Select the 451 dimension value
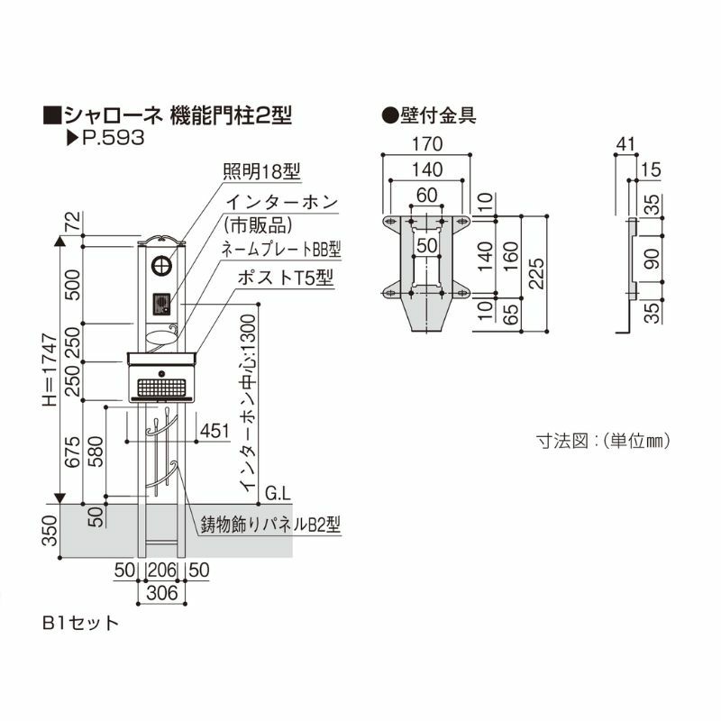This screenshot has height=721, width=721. (214, 431)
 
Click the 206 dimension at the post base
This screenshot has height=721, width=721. (161, 569)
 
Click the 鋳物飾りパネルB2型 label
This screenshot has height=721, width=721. (269, 522)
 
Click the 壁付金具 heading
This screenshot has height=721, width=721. (429, 114)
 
